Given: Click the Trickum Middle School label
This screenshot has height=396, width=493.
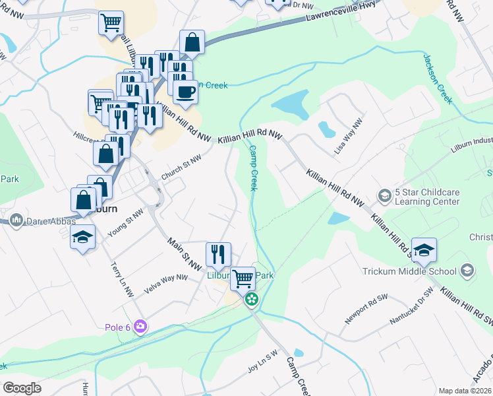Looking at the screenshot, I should click(409, 271).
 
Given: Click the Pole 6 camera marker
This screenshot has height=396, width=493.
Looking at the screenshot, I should click(140, 326).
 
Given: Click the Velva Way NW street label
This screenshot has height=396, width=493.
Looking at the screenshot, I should click(164, 283).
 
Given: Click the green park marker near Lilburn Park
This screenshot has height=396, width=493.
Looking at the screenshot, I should click(251, 300).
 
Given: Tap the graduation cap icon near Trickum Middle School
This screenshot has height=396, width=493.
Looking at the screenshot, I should click(424, 250).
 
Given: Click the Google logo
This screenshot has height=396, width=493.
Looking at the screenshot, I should click(22, 388).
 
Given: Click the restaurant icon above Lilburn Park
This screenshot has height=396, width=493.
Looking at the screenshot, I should click(218, 253).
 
